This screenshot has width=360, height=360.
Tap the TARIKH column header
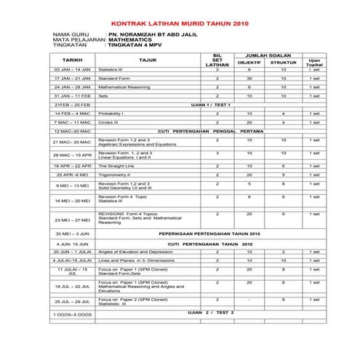point(72,60)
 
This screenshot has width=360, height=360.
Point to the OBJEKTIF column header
point(249,63)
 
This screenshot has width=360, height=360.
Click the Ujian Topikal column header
point(314,63)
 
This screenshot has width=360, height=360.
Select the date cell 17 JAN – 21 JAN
point(72,78)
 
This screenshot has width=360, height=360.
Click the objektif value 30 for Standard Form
point(249,78)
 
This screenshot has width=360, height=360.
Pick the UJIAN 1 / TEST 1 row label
point(209,105)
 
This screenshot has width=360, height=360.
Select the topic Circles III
point(110,122)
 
